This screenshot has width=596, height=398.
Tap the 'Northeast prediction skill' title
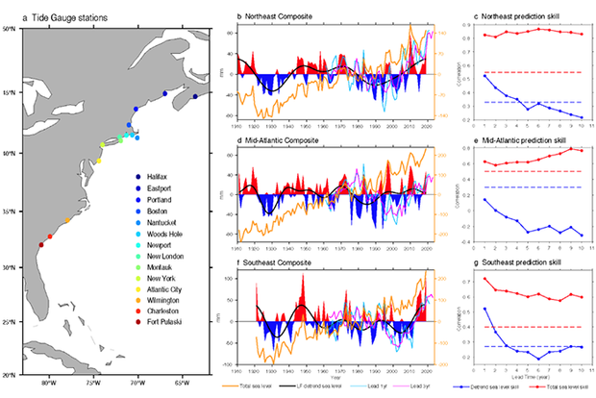click(x=514, y=18)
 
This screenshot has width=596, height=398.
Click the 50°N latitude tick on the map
click(x=13, y=29)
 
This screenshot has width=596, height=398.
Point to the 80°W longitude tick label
click(x=50, y=384)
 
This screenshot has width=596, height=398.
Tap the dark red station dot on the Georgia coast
click(x=39, y=245)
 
